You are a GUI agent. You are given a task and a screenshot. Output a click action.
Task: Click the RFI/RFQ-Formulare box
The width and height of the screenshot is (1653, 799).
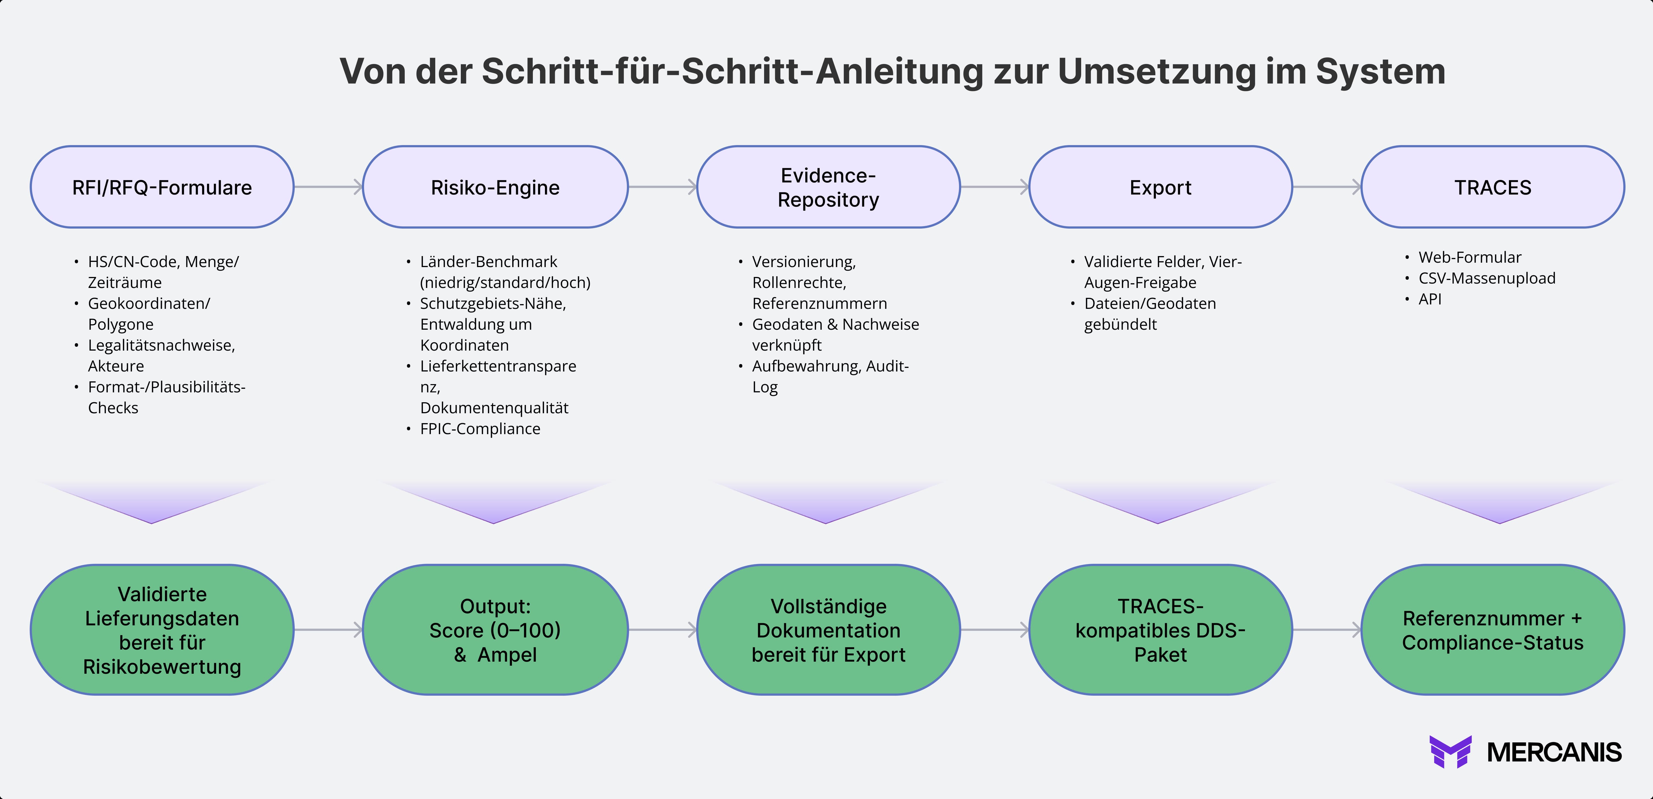click(x=162, y=187)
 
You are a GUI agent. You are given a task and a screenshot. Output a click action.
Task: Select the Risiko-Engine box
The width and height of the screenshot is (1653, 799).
click(x=495, y=187)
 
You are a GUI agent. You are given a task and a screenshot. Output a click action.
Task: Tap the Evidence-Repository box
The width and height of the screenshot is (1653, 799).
click(x=828, y=187)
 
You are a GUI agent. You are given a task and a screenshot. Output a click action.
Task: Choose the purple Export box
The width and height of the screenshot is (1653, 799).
click(x=1160, y=187)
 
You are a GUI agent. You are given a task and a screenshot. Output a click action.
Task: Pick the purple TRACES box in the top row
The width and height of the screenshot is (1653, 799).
click(x=1493, y=187)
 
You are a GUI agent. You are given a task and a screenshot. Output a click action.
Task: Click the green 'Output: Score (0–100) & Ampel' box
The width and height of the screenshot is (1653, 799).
click(x=495, y=630)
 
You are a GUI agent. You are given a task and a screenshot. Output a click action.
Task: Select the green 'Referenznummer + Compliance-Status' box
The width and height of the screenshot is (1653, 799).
click(x=1493, y=630)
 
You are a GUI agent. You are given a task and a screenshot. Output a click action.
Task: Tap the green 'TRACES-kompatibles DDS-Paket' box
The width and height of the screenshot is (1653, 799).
click(x=1160, y=630)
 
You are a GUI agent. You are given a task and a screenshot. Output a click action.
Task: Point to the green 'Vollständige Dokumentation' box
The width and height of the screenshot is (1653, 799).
click(x=828, y=630)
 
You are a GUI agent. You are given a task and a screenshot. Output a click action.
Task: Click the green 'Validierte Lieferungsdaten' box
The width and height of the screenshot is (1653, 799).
click(x=162, y=630)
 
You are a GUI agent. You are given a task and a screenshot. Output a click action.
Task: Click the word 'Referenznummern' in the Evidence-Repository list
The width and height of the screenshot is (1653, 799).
click(x=819, y=303)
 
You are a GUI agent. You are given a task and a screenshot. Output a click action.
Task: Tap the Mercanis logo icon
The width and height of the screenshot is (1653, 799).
click(x=1450, y=751)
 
